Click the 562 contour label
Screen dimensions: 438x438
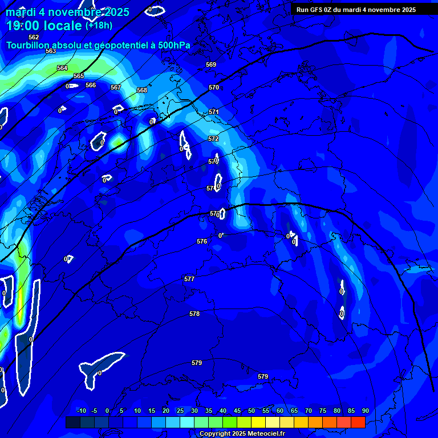(x=34, y=37)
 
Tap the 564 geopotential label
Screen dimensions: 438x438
(x=62, y=68)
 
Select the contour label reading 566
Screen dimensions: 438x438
(x=91, y=85)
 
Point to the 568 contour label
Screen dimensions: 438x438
(x=142, y=90)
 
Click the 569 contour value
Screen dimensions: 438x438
(x=211, y=64)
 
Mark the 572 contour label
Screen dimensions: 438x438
(x=213, y=139)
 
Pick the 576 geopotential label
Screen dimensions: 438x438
(x=202, y=241)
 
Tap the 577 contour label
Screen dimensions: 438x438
(x=189, y=279)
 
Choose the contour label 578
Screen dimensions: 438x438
(x=194, y=314)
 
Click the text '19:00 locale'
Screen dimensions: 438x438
(x=44, y=26)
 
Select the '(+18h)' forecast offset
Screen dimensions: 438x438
(x=99, y=26)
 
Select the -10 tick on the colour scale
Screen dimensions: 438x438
(x=81, y=411)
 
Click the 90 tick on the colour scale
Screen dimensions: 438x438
(x=365, y=411)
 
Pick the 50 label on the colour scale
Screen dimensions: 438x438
(x=252, y=411)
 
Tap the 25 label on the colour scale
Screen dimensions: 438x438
(x=180, y=411)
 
